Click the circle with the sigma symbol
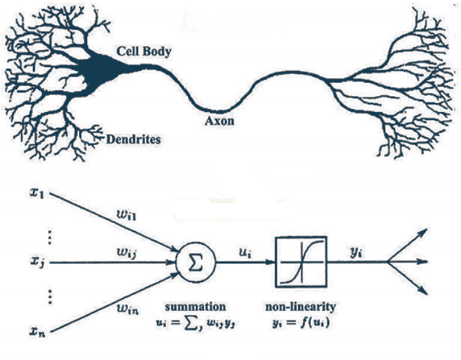pos(196,260)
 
